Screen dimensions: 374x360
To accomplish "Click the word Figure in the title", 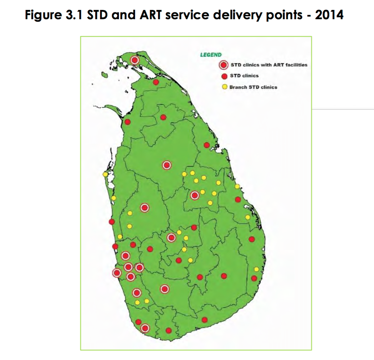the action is click(x=43, y=15).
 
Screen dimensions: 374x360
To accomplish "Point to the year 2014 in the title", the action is click(x=329, y=15).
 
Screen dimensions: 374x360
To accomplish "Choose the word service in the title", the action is click(x=187, y=15).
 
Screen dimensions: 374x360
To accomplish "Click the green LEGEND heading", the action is click(x=211, y=55).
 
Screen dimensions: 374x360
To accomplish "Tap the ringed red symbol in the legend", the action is click(x=223, y=65).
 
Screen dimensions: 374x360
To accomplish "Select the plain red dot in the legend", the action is click(x=224, y=76).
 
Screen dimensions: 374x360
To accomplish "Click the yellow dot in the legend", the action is click(x=224, y=87).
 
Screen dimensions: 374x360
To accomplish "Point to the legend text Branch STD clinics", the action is click(x=253, y=87).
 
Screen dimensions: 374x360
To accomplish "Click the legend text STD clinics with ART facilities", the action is click(x=269, y=65).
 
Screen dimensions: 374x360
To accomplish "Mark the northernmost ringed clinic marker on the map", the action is click(x=135, y=60).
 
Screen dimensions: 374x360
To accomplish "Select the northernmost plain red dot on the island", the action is click(x=156, y=82).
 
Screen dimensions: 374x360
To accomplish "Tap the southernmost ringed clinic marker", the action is click(x=145, y=328).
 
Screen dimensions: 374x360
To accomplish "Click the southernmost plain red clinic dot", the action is click(x=168, y=331).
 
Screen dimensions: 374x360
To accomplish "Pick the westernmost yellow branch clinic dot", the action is click(x=105, y=175).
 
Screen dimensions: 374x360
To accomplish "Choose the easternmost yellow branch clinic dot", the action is click(x=256, y=269).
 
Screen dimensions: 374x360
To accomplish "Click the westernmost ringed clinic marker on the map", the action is click(x=117, y=273).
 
